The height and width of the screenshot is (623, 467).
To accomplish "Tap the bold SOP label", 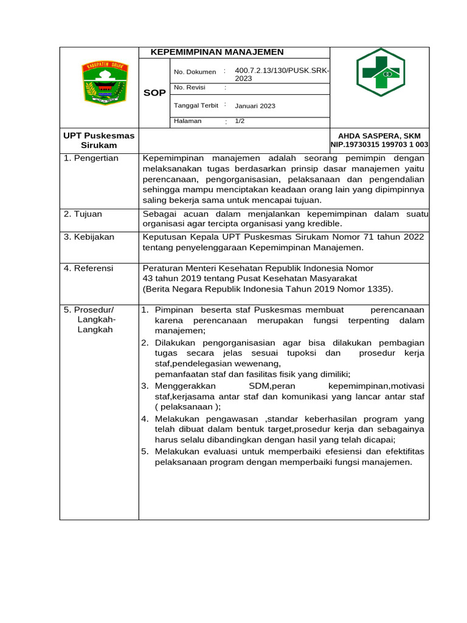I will click(154, 93).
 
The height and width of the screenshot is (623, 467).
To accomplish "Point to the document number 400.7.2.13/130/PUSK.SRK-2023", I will click(282, 75).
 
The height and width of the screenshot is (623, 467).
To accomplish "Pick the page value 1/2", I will click(240, 121).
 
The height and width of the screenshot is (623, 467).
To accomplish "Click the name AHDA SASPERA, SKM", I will click(379, 136).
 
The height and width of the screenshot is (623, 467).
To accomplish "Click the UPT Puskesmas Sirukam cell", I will click(99, 140).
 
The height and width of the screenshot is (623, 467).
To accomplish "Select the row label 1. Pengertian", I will click(91, 158).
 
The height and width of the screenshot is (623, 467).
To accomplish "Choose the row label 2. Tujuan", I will click(83, 214).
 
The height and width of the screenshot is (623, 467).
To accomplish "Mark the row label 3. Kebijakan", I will click(89, 237).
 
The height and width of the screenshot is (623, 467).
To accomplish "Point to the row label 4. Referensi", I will click(89, 268).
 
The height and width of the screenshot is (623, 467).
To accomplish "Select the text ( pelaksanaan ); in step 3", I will click(188, 407).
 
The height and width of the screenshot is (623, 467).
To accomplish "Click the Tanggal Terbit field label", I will click(196, 105).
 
